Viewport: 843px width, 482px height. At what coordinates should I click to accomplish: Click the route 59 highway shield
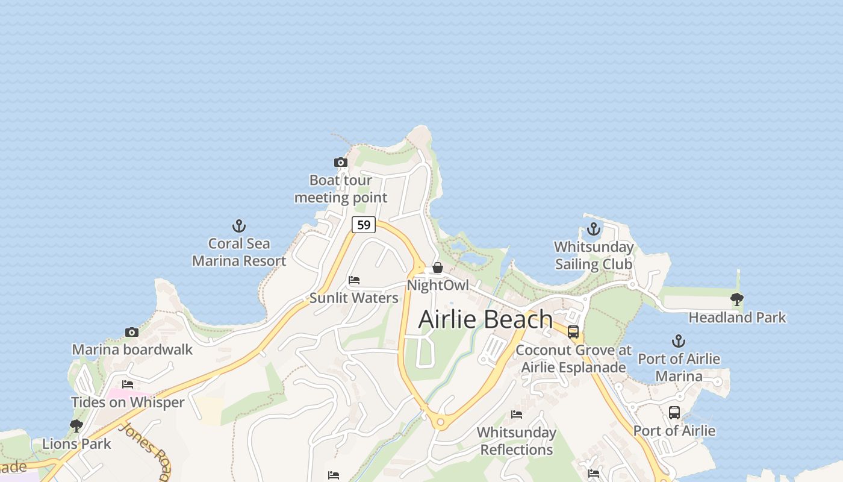point(364,225)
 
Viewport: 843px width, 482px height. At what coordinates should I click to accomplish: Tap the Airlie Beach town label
point(485,319)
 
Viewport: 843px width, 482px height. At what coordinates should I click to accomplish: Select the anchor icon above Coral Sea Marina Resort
point(239,227)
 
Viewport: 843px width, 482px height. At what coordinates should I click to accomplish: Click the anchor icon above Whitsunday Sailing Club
point(594,230)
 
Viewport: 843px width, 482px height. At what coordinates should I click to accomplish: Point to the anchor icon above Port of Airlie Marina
point(679,342)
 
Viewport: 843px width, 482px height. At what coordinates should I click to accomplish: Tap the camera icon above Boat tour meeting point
point(341,162)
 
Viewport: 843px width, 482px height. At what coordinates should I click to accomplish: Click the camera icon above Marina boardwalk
point(132,332)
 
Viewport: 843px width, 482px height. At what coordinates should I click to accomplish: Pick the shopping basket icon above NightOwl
point(438,268)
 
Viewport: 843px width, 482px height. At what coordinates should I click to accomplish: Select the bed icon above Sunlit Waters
point(354,280)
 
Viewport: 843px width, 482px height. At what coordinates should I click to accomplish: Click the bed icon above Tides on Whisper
point(128,384)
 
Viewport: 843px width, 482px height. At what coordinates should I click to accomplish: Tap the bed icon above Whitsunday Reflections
point(517,415)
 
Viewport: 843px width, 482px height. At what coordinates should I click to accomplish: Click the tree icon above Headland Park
point(736,299)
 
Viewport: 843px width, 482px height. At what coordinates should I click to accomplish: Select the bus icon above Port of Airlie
point(674,413)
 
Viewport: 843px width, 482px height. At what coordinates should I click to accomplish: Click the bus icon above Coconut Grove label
point(573,332)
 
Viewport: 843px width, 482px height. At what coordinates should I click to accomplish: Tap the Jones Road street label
point(145,448)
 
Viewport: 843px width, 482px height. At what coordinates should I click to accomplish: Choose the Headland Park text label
point(737,318)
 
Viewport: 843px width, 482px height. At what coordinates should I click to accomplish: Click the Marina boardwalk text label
point(132,349)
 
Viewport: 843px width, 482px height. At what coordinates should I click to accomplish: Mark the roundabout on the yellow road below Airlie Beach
point(440,422)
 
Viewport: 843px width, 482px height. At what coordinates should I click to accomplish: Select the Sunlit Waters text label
point(354,298)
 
